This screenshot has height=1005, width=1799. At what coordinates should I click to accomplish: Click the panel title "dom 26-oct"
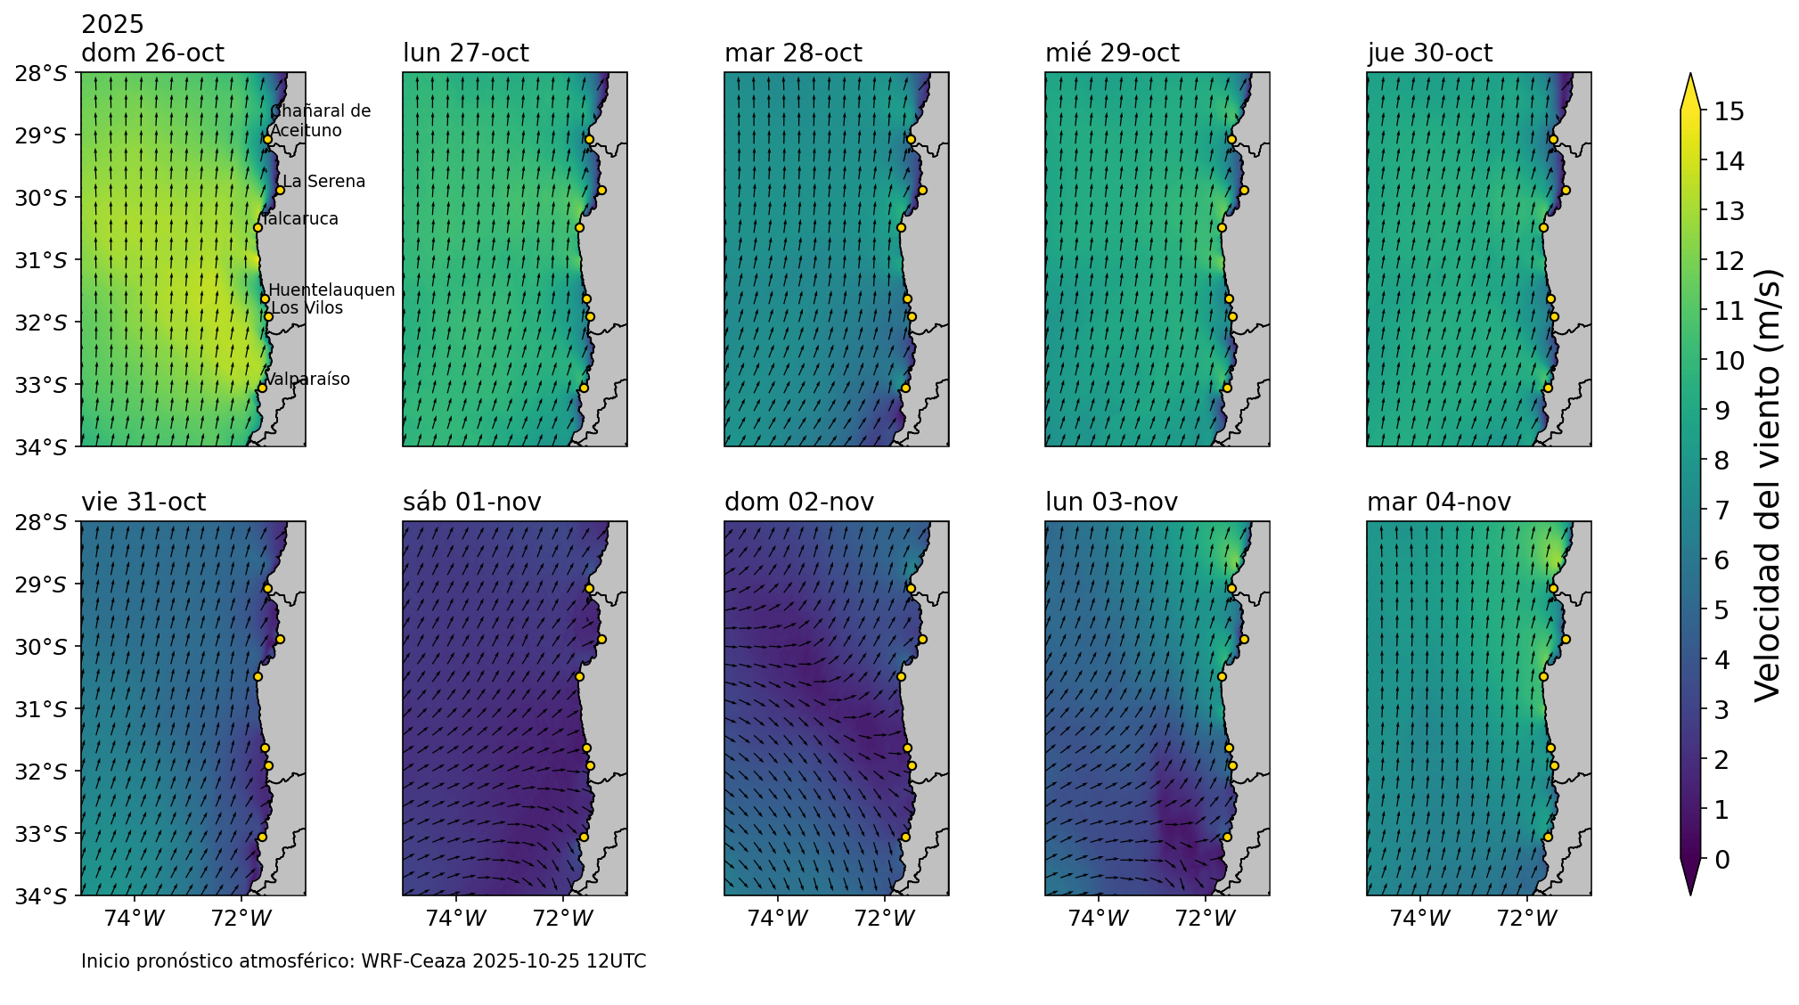pos(152,53)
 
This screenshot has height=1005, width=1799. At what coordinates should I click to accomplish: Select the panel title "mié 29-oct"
pos(1112,53)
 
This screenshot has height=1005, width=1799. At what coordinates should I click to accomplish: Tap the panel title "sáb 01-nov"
pos(471,502)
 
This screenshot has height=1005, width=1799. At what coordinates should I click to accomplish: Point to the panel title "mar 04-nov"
pos(1438,502)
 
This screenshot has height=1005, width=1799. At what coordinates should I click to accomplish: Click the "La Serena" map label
pos(323,182)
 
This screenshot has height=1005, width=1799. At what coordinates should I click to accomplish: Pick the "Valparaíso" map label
pos(307,380)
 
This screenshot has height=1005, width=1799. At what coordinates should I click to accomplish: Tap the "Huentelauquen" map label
pos(331,290)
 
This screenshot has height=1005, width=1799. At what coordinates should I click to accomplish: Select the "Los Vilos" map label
pos(307,308)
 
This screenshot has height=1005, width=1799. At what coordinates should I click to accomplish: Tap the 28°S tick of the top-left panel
pos(41,73)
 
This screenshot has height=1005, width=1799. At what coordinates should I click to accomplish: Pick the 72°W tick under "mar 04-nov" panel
pos(1527,918)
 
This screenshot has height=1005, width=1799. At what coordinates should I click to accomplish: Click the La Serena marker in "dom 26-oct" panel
pos(280,190)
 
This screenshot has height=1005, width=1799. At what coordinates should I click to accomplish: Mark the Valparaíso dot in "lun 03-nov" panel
pos(1227,837)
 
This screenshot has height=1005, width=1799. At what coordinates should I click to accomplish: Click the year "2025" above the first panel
pos(112,25)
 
